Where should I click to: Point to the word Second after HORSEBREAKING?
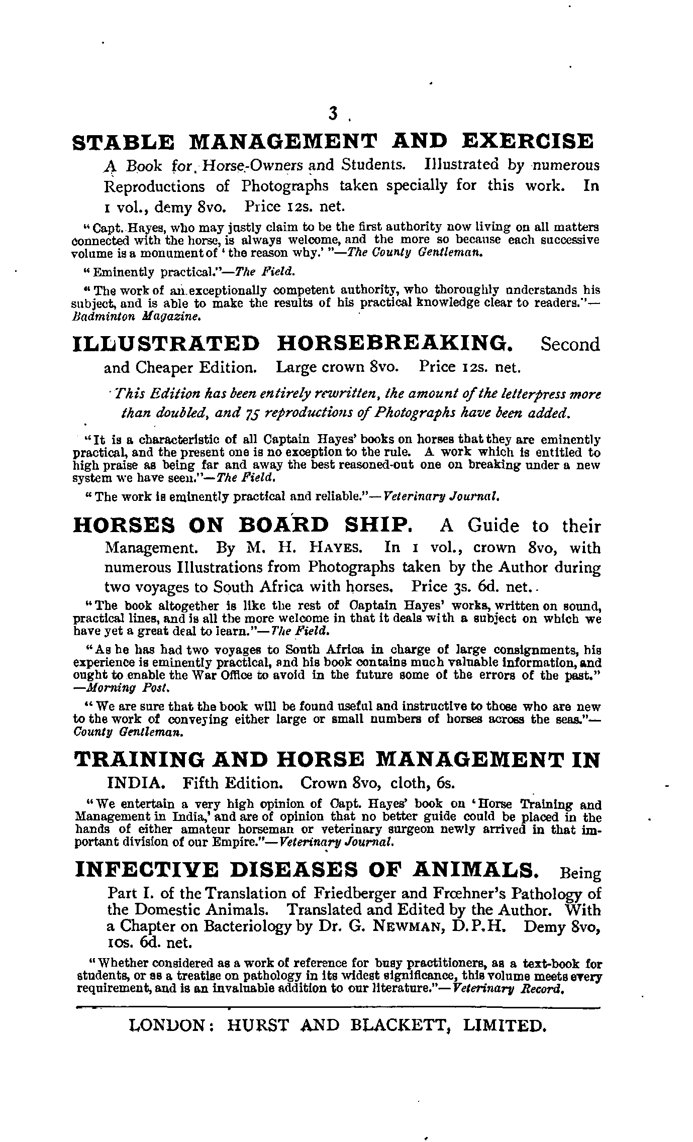[x=570, y=345]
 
